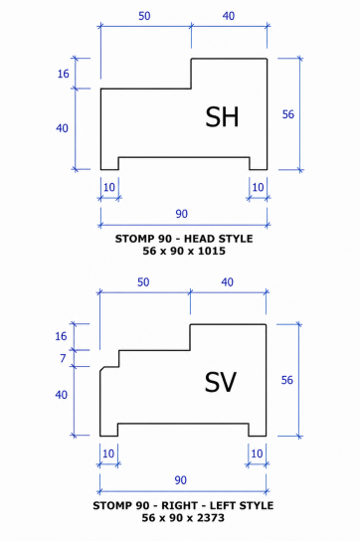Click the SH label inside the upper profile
pyautogui.click(x=222, y=116)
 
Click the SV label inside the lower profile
pyautogui.click(x=220, y=382)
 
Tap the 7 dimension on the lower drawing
pyautogui.click(x=63, y=358)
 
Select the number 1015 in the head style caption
pyautogui.click(x=212, y=251)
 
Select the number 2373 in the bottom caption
pyautogui.click(x=210, y=517)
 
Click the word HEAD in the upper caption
pyautogui.click(x=202, y=239)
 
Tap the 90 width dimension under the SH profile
pyautogui.click(x=182, y=214)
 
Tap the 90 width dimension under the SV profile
pyautogui.click(x=181, y=480)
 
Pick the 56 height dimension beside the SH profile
pyautogui.click(x=287, y=114)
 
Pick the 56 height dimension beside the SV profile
pyautogui.click(x=286, y=380)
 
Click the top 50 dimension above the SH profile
pyautogui.click(x=144, y=16)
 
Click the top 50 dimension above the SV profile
pyautogui.click(x=143, y=282)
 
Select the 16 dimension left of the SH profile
pyautogui.click(x=64, y=74)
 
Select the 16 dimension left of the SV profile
pyautogui.click(x=61, y=336)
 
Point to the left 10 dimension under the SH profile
pyautogui.click(x=109, y=187)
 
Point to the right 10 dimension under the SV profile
pyautogui.click(x=257, y=453)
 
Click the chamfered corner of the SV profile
pyautogui.click(x=102, y=369)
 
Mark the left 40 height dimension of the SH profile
pyautogui.click(x=62, y=128)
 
